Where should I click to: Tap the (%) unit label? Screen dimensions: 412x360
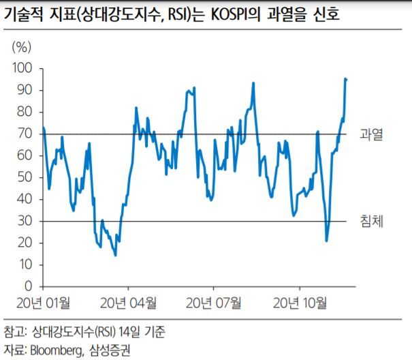[x=22, y=48]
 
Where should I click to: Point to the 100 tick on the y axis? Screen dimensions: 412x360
[x=22, y=68]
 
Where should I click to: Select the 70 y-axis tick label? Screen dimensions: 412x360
[x=25, y=134]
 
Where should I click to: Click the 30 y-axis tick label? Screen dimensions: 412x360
[x=25, y=221]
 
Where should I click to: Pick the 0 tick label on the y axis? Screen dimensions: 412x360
[x=29, y=286]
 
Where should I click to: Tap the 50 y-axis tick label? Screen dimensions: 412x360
[x=25, y=177]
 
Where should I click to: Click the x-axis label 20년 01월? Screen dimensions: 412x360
[x=44, y=303]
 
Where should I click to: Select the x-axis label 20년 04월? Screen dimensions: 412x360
[x=128, y=303]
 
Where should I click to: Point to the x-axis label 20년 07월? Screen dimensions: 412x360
[x=213, y=303]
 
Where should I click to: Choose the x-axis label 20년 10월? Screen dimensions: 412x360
[x=300, y=303]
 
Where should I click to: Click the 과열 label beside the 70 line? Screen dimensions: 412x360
[x=371, y=134]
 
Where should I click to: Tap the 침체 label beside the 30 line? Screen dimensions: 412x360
[x=371, y=221]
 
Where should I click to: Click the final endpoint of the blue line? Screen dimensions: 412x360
[x=347, y=80]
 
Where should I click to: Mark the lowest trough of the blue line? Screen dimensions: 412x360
[x=115, y=255]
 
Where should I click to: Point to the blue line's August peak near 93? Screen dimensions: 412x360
[x=253, y=83]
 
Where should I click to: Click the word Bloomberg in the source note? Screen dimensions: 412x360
[x=57, y=350]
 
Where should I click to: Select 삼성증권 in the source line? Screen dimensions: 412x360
[x=110, y=350]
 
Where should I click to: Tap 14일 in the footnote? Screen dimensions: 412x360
[x=129, y=331]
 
